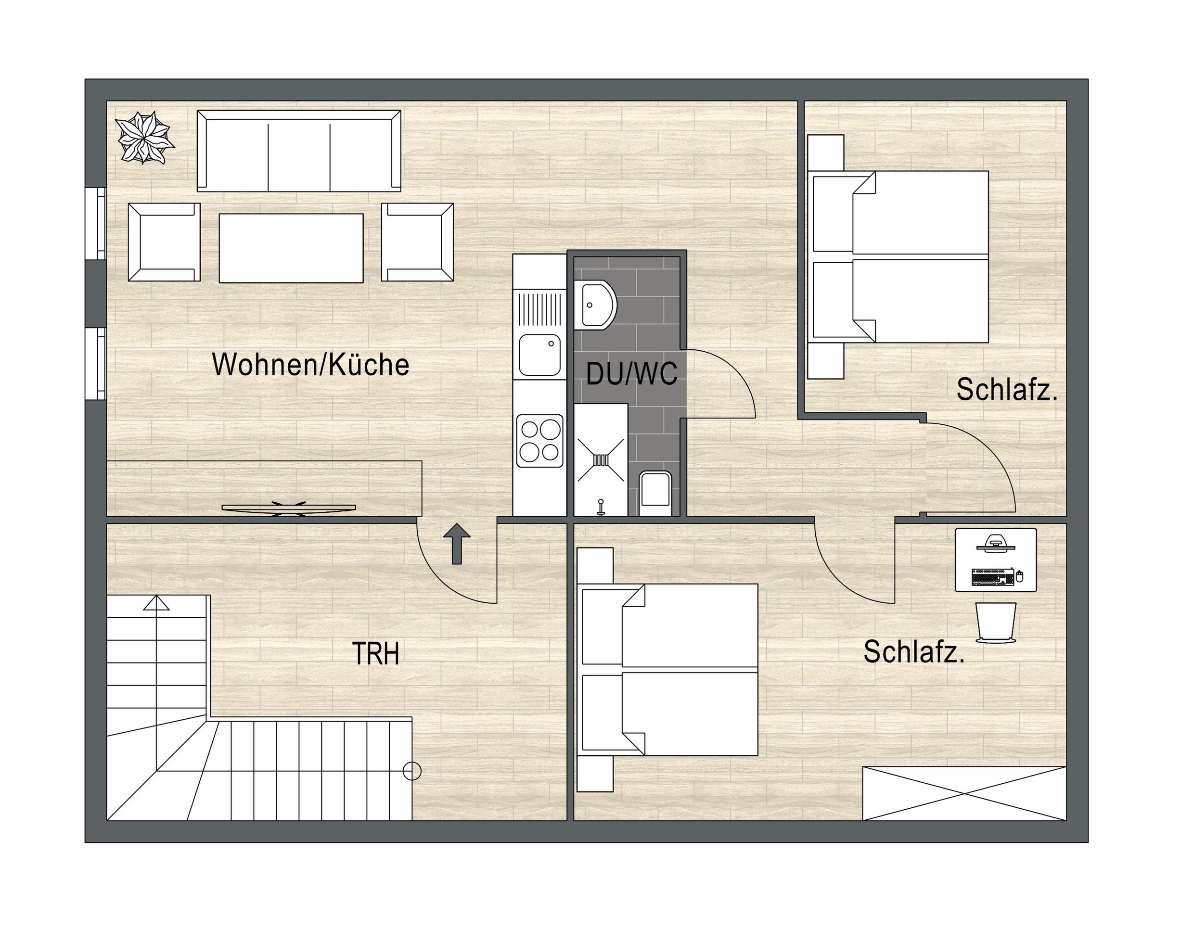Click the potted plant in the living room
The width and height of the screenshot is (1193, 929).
tap(145, 138)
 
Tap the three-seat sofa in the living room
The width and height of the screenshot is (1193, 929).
tap(299, 151)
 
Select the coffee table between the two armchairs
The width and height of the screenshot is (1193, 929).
tap(291, 248)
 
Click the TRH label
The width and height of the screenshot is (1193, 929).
tap(376, 653)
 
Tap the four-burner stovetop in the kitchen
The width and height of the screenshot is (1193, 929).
tap(539, 441)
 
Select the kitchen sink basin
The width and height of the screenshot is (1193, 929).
tap(539, 355)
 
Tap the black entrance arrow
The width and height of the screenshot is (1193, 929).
tap(457, 544)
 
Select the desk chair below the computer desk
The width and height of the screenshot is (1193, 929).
tap(996, 623)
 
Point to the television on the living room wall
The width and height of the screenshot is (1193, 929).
tap(288, 509)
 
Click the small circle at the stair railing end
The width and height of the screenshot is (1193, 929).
tap(412, 771)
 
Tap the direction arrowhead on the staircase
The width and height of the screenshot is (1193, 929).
tap(157, 602)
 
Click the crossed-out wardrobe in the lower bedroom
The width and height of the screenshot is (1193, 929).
tap(964, 793)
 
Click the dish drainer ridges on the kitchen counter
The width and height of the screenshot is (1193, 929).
tap(539, 310)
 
